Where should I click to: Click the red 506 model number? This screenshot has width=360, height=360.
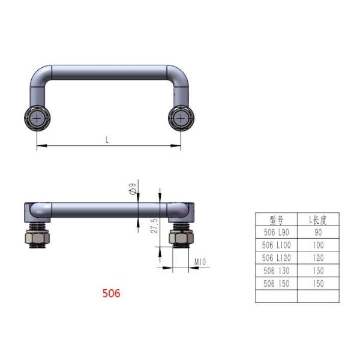click(x=111, y=293)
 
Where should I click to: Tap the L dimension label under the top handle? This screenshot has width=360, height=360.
click(x=107, y=140)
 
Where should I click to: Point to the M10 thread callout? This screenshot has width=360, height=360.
click(x=200, y=262)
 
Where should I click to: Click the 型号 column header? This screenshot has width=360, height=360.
click(x=276, y=220)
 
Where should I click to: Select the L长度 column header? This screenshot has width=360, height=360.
click(x=318, y=220)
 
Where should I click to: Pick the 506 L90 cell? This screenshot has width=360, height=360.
click(x=276, y=232)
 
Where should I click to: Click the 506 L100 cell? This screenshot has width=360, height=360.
click(x=276, y=245)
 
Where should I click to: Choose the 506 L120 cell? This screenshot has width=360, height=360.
click(x=276, y=258)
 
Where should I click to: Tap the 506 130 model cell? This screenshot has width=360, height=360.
click(x=276, y=271)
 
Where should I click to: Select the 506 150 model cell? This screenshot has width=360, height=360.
click(x=276, y=284)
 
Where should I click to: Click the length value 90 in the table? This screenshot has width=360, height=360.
click(x=318, y=232)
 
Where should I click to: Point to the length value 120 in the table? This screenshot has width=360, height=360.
click(x=318, y=258)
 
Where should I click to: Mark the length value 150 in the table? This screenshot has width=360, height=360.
click(x=318, y=284)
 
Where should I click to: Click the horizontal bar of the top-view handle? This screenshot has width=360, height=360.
click(x=108, y=73)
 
